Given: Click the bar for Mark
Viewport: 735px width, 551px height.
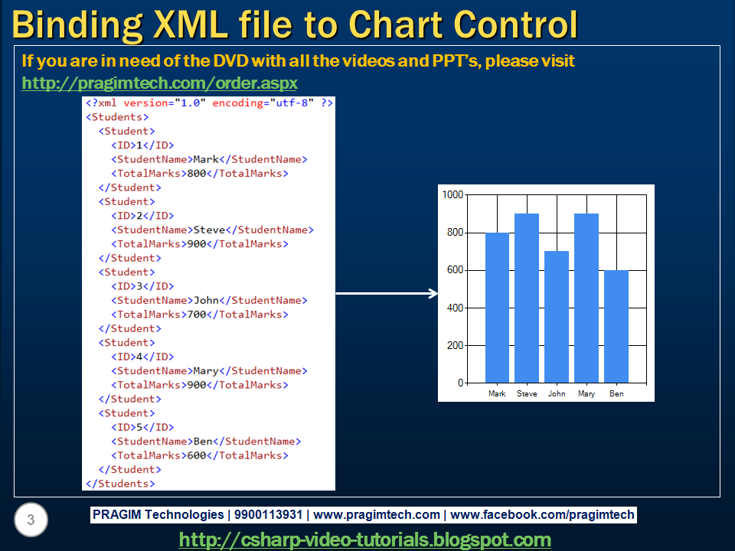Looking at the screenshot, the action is click(497, 308).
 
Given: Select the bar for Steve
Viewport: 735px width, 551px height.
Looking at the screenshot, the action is click(527, 298).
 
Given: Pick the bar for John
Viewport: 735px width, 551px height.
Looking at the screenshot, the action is click(557, 317).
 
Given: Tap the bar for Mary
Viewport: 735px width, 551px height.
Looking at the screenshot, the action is click(586, 298).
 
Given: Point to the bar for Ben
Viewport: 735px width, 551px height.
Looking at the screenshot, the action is click(616, 327).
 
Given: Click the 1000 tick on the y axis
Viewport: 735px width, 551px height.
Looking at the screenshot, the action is click(452, 194).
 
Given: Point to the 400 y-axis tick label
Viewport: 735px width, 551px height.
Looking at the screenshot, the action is click(455, 308).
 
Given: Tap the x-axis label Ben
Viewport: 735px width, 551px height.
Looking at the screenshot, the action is click(616, 393).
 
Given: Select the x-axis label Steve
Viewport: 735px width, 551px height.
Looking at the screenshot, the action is click(527, 393).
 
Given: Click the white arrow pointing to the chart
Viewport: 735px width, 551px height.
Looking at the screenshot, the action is click(387, 294).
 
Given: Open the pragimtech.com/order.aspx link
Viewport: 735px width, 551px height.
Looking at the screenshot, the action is click(160, 83).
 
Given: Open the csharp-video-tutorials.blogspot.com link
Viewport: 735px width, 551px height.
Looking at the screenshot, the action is click(365, 540).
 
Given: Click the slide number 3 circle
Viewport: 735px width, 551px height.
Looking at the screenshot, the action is click(31, 520).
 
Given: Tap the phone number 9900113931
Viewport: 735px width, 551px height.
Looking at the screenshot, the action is click(268, 515).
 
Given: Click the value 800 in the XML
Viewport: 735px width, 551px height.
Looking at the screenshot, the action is click(197, 174).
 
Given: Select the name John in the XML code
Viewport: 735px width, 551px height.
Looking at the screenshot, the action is click(206, 300).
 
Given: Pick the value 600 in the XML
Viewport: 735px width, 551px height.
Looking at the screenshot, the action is click(197, 455).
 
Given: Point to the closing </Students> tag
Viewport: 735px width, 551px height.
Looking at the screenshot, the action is click(120, 484).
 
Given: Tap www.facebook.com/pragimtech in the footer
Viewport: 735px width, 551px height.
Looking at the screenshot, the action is click(542, 515).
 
